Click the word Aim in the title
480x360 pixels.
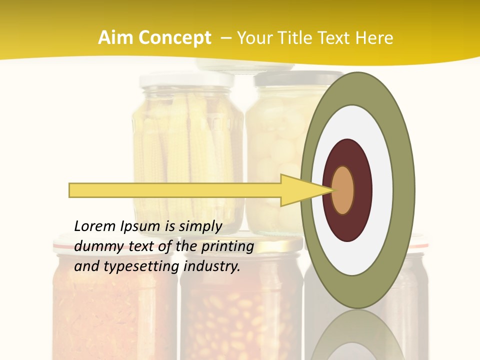click(x=115, y=38)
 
